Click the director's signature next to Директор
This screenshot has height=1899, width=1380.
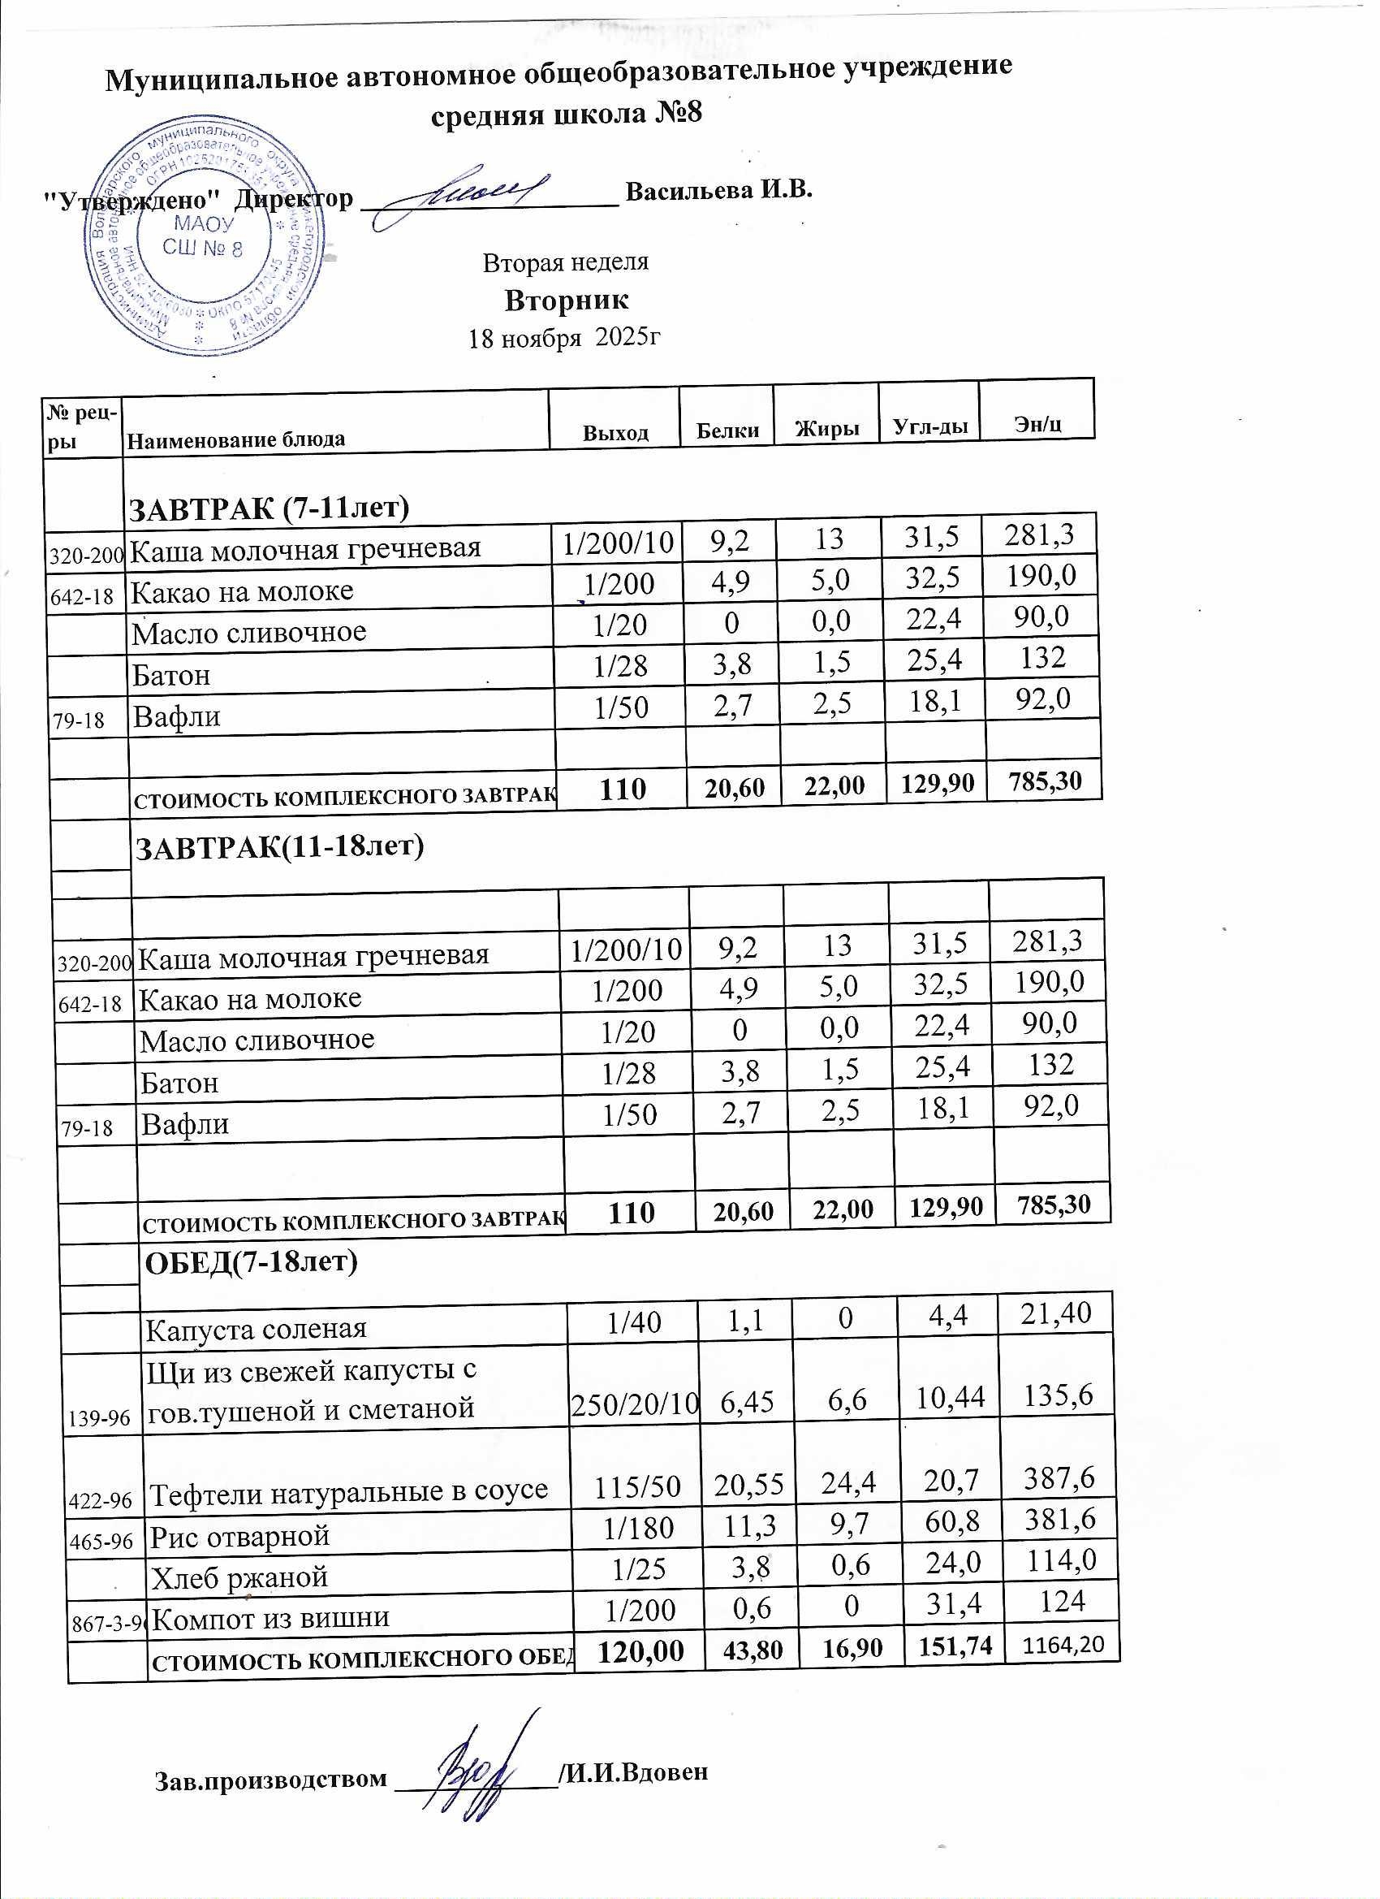tap(465, 197)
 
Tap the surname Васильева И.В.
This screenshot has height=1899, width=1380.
tap(719, 190)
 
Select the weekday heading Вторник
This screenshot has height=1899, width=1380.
tap(567, 300)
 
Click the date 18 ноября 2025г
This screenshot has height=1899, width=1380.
tap(565, 338)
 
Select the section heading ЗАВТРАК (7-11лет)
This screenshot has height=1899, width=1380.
tap(268, 508)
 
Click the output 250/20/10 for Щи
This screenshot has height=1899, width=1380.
tap(634, 1408)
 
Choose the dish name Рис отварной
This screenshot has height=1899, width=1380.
tap(239, 1537)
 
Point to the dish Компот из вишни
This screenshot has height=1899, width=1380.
tap(271, 1616)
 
